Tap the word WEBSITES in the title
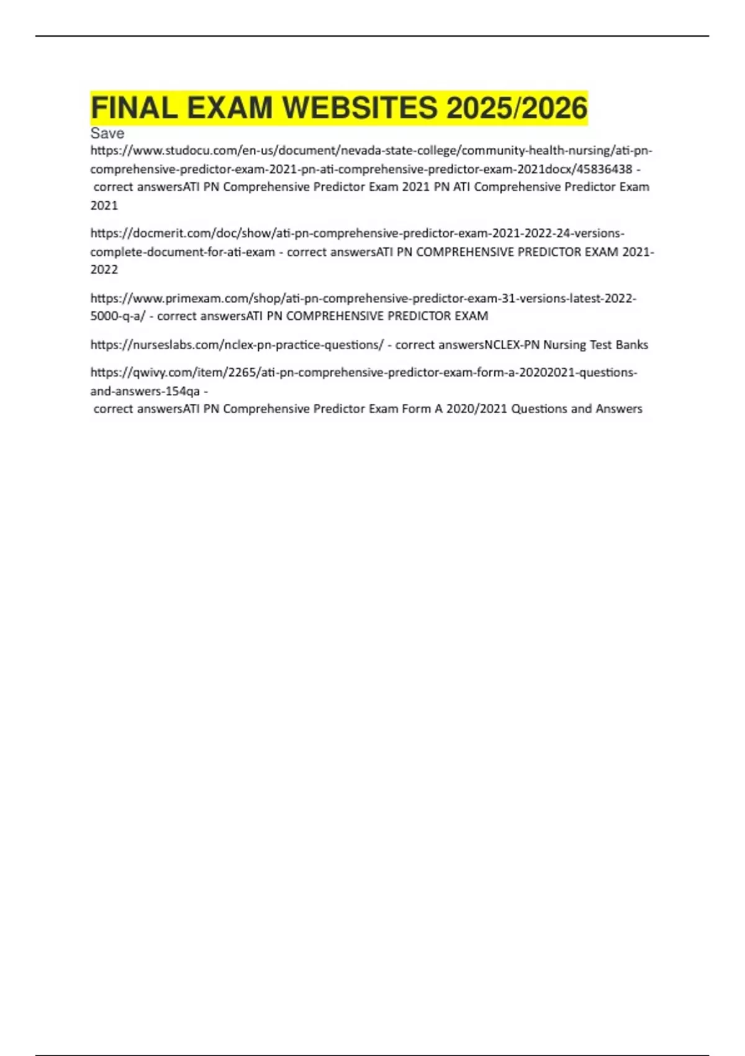pos(359,108)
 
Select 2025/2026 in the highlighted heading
pos(516,108)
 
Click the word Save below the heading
pos(107,134)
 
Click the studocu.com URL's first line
pos(371,150)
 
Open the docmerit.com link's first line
pos(357,234)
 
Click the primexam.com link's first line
pos(363,298)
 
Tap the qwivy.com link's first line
pos(363,373)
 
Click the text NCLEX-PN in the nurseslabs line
pos(512,345)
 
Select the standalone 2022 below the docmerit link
pos(104,270)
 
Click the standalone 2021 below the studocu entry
pos(104,206)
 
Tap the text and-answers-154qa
pos(145,391)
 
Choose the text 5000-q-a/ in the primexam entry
pos(118,316)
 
